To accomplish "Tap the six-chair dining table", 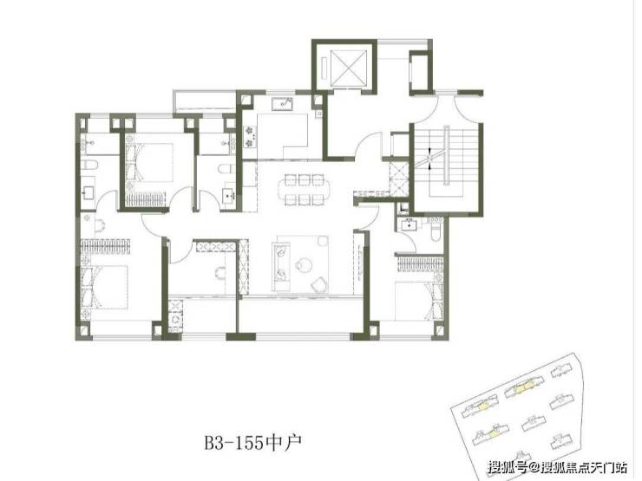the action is click(304, 190).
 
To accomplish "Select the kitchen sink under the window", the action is click(284, 103).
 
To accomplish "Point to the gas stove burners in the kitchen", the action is click(248, 137).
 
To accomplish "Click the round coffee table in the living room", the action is click(304, 264).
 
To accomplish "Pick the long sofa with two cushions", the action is click(281, 267).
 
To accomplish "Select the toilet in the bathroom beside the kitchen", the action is click(225, 169).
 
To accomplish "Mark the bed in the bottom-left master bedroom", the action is click(104, 287).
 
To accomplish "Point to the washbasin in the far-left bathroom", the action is click(88, 192).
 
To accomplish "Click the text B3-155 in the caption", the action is click(234, 443).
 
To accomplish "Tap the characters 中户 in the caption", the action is click(284, 443).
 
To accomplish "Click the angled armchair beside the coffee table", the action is click(319, 284).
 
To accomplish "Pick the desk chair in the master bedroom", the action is click(100, 224).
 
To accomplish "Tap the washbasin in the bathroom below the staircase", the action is click(409, 224).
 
